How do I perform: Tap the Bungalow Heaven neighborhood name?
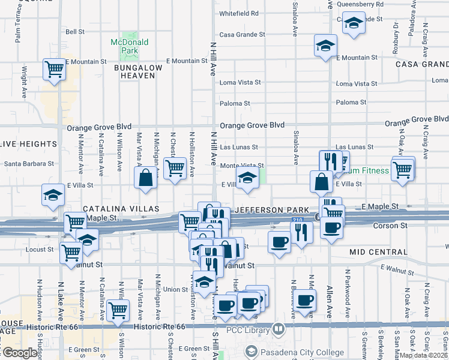click(139, 71)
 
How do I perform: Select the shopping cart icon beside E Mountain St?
click(54, 69)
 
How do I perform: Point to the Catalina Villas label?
click(121, 208)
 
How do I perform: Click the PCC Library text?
click(250, 329)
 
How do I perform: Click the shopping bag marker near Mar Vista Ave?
click(145, 178)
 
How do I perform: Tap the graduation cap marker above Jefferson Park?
click(246, 178)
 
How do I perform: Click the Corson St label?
click(390, 226)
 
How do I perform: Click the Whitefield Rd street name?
click(239, 13)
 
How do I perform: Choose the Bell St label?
click(75, 32)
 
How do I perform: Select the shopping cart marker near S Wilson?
click(118, 310)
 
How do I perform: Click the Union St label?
click(176, 289)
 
